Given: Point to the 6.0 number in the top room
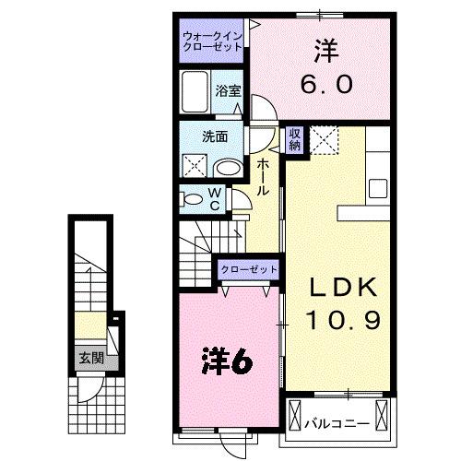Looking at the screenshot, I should (325, 84).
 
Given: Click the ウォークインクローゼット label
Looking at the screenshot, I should (211, 41).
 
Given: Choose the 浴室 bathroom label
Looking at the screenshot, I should (228, 90).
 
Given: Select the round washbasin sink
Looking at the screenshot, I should (228, 167).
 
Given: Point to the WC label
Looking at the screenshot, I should (213, 198).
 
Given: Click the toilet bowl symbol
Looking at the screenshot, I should (191, 198).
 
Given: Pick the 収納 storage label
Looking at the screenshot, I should (295, 138).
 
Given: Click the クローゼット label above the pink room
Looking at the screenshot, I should (248, 269).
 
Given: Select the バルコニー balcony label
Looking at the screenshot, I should (337, 424).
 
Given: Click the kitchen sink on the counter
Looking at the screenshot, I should (379, 188).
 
